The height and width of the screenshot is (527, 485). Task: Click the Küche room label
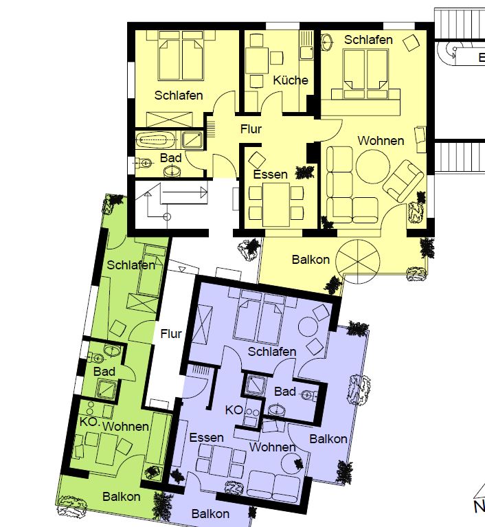tap(291, 80)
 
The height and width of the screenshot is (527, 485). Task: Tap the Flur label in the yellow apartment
tap(251, 129)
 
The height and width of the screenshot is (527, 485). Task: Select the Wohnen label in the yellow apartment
tap(381, 141)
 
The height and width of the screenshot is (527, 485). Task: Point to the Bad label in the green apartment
tap(104, 372)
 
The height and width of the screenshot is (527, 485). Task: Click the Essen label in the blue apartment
tap(206, 438)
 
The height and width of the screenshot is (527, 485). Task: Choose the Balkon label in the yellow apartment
tap(311, 260)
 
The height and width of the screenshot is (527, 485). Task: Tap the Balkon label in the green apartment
tap(122, 497)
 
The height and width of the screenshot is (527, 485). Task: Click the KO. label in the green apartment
tap(89, 422)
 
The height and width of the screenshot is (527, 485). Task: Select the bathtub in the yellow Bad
tap(155, 139)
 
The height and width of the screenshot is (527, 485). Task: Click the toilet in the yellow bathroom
tap(144, 163)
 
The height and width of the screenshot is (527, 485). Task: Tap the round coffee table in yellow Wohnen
tap(373, 166)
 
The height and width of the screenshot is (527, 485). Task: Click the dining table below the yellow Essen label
tap(276, 204)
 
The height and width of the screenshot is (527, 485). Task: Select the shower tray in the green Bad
tap(108, 388)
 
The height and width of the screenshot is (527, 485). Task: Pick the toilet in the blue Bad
tap(309, 396)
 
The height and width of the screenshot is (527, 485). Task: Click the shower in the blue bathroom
tap(256, 385)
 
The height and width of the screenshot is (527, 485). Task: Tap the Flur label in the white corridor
tap(171, 334)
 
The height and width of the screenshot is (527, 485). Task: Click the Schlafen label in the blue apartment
tap(272, 352)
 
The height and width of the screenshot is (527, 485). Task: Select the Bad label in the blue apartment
tap(285, 392)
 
